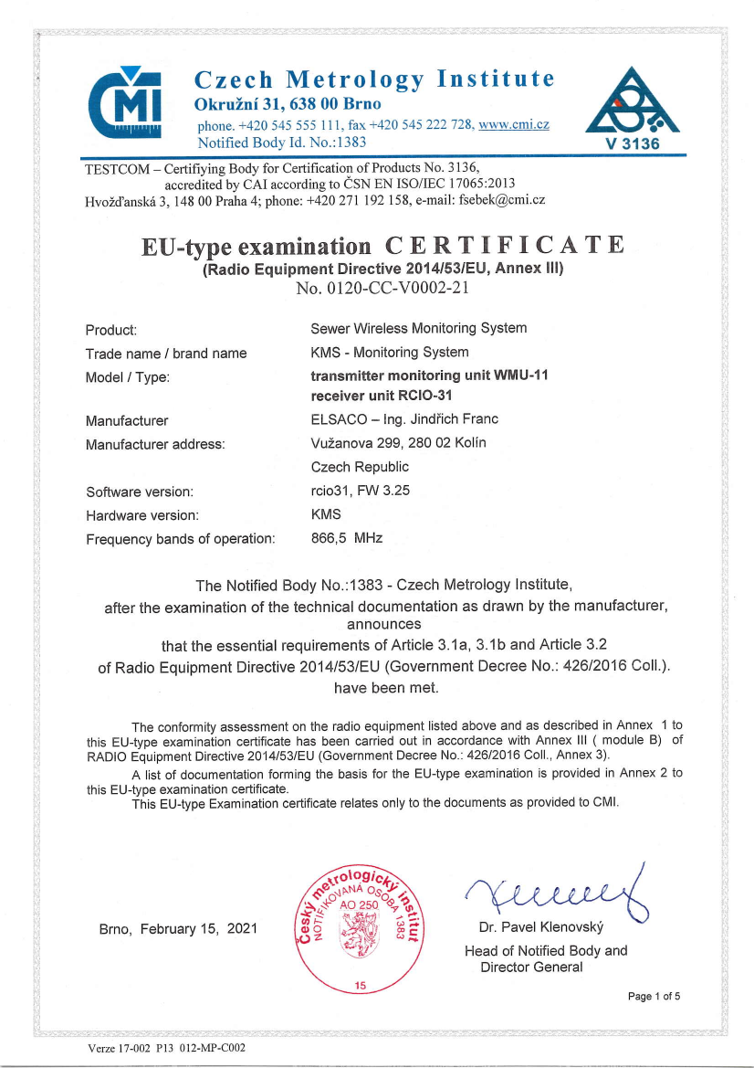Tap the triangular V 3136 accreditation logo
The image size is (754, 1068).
point(631,109)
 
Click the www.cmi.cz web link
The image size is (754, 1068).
point(513,124)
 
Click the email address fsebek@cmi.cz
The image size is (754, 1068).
point(502,200)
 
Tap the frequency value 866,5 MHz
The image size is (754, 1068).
point(347,538)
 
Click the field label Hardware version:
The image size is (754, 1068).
point(141,515)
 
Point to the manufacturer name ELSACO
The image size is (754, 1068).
point(342,420)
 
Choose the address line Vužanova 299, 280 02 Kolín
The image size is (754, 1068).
point(399,443)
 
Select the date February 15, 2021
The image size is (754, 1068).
point(199,929)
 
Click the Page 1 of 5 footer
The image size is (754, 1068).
point(655,996)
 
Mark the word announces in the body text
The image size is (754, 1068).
point(383,625)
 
